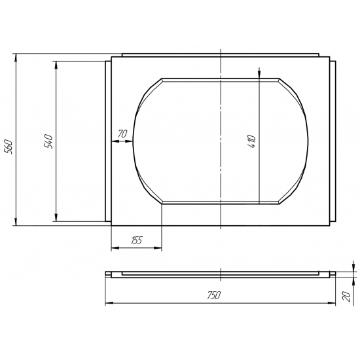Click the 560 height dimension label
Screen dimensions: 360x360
(x=9, y=147)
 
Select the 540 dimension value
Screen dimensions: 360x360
(x=48, y=142)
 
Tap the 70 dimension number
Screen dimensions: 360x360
(x=122, y=134)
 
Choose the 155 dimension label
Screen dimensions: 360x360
(x=137, y=240)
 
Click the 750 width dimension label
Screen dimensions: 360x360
(x=214, y=295)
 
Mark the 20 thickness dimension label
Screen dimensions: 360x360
(x=346, y=296)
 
